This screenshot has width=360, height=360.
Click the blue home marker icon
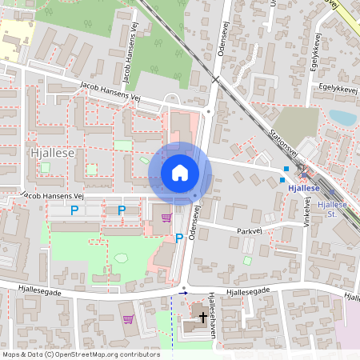coord(179,173)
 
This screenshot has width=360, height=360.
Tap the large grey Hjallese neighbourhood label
coord(50,151)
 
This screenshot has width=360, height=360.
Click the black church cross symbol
coord(203,318)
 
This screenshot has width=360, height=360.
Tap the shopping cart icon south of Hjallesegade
coord(128,318)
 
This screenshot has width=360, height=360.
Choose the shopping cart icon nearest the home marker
coord(166,217)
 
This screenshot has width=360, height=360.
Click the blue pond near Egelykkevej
coord(342,118)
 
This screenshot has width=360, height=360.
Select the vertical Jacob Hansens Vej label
coord(126,63)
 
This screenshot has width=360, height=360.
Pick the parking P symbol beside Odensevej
coord(179,238)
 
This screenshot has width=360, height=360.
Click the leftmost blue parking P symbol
coord(74,210)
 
